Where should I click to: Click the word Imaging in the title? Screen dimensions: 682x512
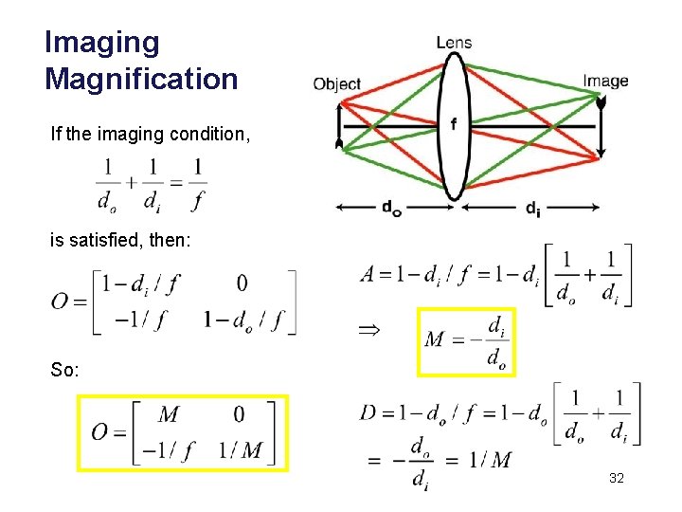point(102,43)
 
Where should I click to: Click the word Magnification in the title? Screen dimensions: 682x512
point(141,79)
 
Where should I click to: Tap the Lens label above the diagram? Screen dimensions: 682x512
point(454,43)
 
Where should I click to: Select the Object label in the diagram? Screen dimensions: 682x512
point(337,84)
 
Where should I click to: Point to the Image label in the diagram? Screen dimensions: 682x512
point(605,81)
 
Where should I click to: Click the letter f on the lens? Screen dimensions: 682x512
point(455,124)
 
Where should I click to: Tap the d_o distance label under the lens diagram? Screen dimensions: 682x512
point(391,209)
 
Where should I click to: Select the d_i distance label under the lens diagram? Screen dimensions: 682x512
point(534,209)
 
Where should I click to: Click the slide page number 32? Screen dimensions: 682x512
point(616,481)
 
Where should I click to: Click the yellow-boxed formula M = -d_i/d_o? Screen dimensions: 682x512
point(467,341)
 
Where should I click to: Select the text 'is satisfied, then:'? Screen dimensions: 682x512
point(120,242)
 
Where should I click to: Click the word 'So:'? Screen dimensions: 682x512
point(65,369)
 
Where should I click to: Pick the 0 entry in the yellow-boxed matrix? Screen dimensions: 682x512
point(238,414)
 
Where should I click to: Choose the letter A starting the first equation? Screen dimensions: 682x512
point(369,275)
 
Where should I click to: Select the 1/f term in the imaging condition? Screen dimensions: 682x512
point(197,184)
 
